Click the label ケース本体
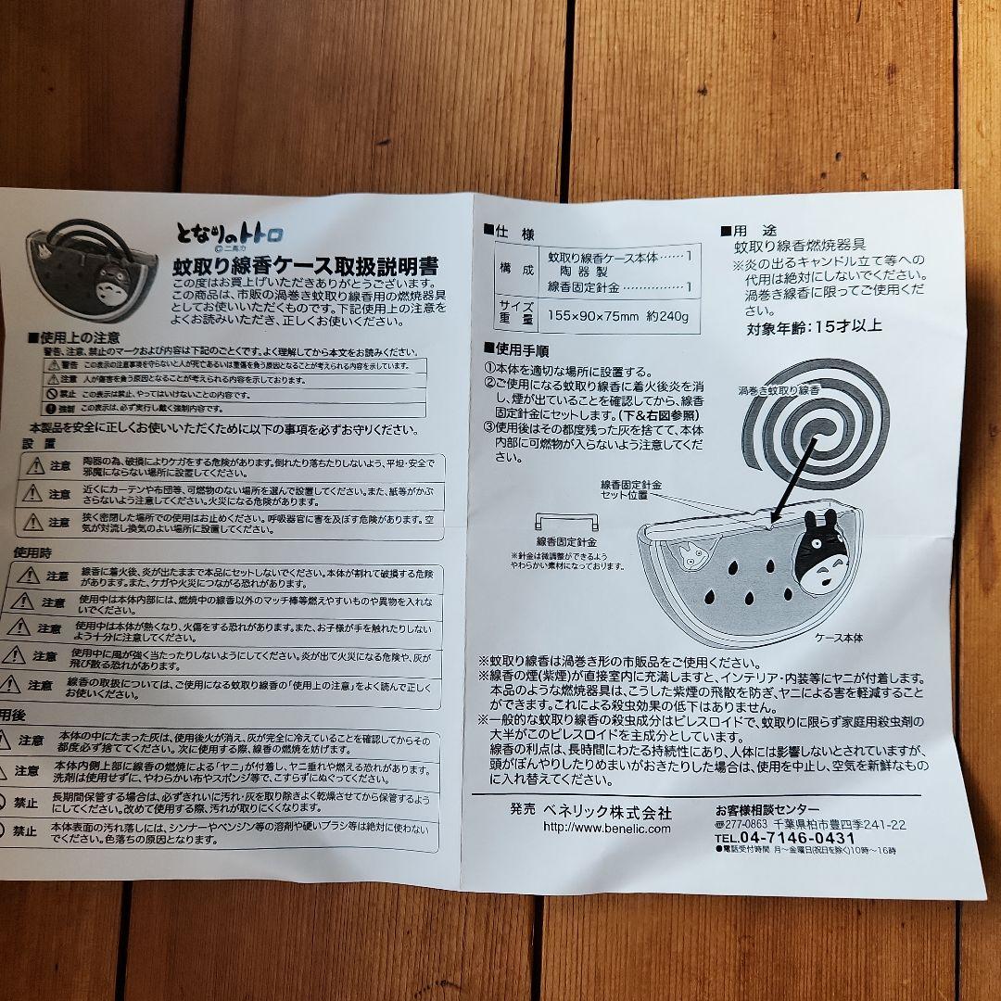(x=839, y=639)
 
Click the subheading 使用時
(x=32, y=551)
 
